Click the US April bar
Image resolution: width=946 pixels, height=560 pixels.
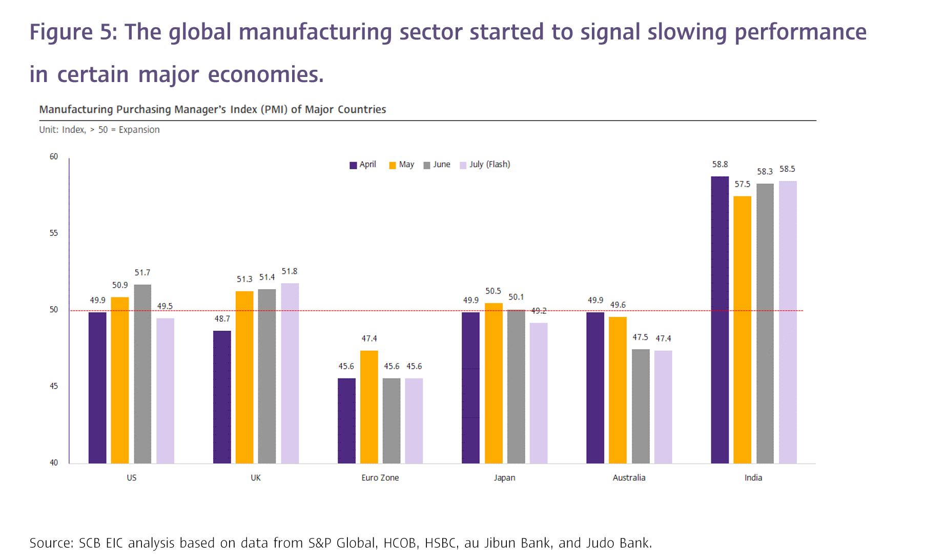coord(97,388)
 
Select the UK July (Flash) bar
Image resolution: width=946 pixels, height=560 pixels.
coord(290,373)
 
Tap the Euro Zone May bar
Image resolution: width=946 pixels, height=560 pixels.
coord(369,407)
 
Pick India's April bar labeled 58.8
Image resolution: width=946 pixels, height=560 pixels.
coord(719,320)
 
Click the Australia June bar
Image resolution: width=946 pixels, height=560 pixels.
coord(641,406)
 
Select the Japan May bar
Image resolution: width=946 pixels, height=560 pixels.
coord(493,384)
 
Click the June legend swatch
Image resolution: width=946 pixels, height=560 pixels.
coord(426,165)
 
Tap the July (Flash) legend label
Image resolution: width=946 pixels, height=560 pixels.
coord(489,164)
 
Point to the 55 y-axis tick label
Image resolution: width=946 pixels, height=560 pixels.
coord(54,233)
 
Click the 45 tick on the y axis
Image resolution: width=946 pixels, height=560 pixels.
coord(54,386)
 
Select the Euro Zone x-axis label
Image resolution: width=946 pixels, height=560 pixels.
coord(380,477)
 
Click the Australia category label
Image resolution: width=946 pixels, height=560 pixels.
coord(629,477)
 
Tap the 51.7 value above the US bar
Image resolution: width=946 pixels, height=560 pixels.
coord(142,273)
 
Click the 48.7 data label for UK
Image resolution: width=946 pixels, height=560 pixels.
coord(222,319)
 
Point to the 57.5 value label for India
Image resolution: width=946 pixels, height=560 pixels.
coord(742,184)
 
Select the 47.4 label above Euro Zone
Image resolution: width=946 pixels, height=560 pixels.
coord(369,338)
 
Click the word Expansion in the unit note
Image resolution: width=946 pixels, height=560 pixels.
coord(139,130)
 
